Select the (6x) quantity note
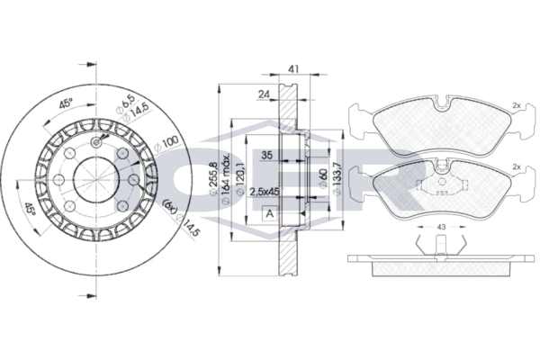point(167,207)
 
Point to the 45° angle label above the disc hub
point(66,101)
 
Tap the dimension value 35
point(266,155)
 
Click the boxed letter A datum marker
point(268,214)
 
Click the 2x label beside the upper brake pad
point(517,105)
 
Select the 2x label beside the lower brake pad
point(517,168)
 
